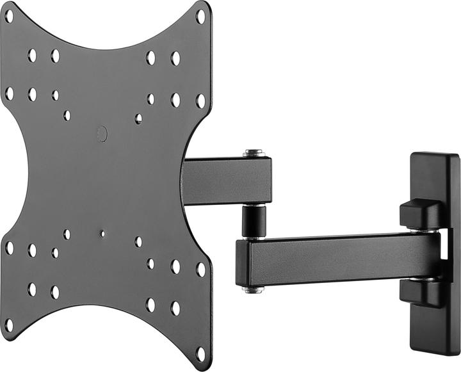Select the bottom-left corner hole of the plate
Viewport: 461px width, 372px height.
coord(9,325)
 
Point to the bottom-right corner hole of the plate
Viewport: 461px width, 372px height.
coord(200,353)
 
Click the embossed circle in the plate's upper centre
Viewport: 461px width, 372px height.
coord(102,134)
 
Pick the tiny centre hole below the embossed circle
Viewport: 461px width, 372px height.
coord(102,234)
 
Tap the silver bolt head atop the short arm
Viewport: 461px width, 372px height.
coord(255,154)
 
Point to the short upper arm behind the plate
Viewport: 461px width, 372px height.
coord(227,181)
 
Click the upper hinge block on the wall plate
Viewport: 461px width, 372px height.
coord(419,214)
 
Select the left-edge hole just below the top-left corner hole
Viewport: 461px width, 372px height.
coord(9,93)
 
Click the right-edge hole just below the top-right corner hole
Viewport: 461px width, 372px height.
coord(200,101)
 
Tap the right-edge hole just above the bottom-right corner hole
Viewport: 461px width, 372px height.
coord(200,270)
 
